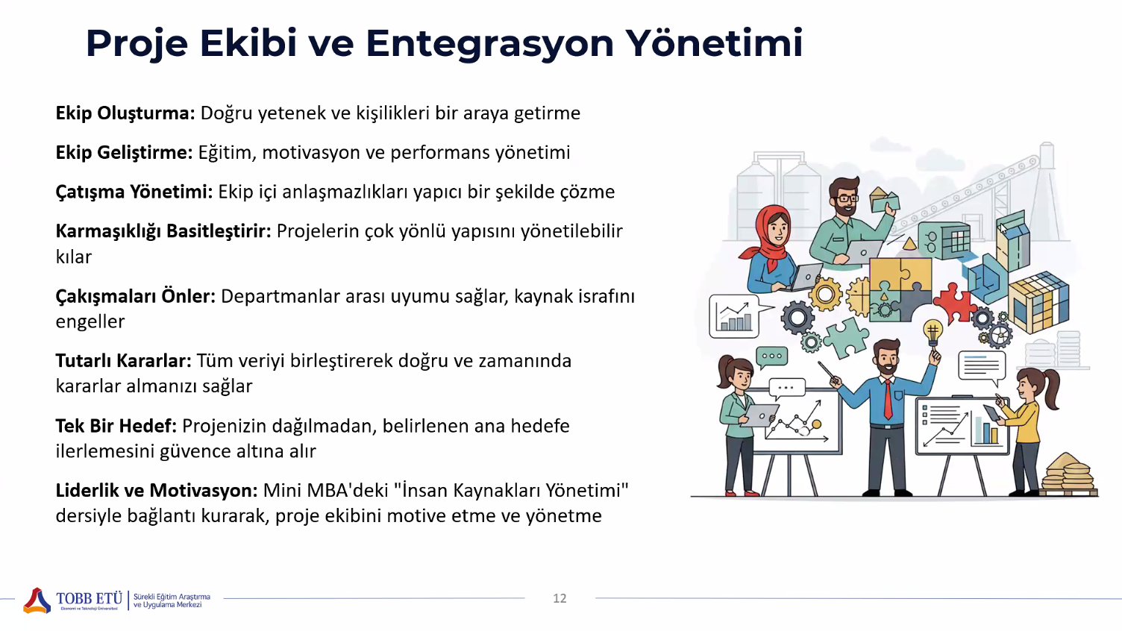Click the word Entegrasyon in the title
(490, 44)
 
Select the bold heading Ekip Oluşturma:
(125, 113)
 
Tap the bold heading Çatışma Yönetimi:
(134, 192)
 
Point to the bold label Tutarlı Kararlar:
(124, 360)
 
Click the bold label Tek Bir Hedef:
(116, 426)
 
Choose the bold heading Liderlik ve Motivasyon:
(157, 490)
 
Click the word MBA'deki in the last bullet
(348, 490)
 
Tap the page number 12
(560, 598)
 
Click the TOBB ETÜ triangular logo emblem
(37, 600)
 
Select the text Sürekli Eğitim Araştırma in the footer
(172, 597)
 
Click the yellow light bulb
(933, 332)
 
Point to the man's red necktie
(888, 399)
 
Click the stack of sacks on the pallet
(1068, 473)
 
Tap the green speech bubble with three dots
(772, 357)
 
